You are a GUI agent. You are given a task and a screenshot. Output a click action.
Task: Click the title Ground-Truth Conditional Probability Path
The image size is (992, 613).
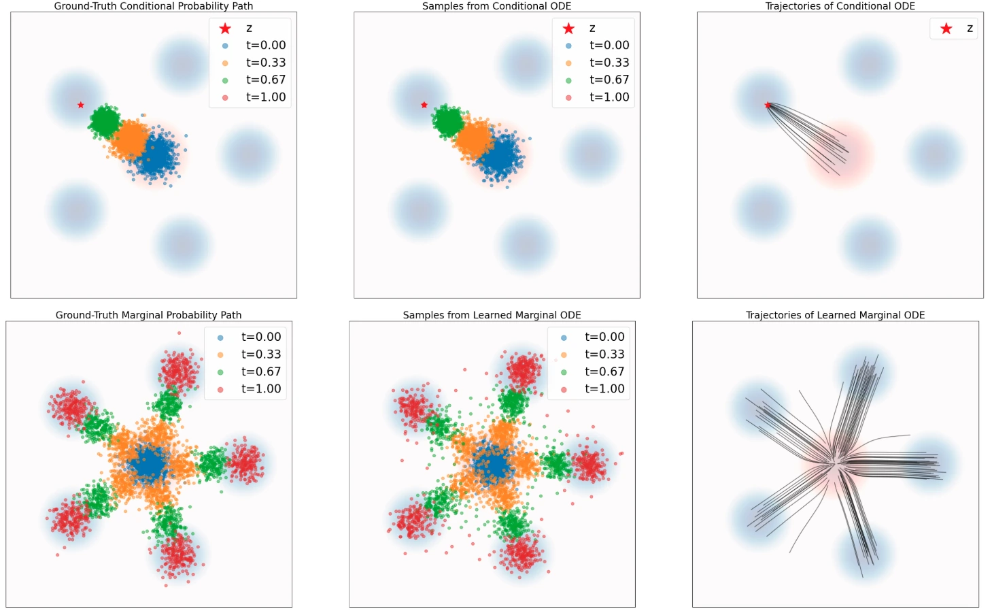(x=154, y=5)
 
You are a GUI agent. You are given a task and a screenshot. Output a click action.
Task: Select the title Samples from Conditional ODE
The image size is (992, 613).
(x=496, y=5)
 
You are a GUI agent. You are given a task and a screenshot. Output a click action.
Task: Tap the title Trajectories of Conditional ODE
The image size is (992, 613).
(x=840, y=5)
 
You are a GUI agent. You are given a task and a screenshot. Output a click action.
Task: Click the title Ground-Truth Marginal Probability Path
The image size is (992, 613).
(x=148, y=315)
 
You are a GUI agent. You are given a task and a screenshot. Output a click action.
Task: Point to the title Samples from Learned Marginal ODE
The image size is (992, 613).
(x=492, y=315)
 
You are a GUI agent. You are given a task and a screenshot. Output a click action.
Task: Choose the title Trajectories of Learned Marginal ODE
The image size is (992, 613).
(x=835, y=315)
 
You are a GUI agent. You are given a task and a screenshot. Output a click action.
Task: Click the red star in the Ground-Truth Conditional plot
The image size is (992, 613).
(x=81, y=105)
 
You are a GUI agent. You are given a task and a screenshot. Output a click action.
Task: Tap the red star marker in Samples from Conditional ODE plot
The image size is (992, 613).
(x=424, y=105)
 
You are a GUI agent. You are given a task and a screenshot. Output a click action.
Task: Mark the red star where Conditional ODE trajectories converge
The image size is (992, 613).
(x=768, y=105)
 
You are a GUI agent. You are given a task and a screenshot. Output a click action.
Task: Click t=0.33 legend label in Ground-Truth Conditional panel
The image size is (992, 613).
(x=266, y=62)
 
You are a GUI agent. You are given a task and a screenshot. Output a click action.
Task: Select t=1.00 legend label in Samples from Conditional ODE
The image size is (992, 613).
(x=609, y=97)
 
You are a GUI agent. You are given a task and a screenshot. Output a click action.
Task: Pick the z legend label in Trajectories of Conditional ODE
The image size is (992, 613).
(x=970, y=29)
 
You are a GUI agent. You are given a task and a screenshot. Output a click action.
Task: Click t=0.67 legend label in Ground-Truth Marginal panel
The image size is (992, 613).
(x=261, y=371)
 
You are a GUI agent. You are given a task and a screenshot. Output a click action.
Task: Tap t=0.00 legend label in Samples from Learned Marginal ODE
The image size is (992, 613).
(x=604, y=336)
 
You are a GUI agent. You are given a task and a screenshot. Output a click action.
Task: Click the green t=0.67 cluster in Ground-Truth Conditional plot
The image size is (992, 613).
(x=105, y=120)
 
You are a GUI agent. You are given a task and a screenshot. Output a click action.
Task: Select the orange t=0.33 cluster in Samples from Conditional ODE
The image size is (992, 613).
(x=475, y=137)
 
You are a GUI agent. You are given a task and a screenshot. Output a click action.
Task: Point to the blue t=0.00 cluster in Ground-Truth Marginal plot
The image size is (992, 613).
(x=149, y=463)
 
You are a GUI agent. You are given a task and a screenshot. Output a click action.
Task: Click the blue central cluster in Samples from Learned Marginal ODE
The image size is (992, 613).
(x=492, y=465)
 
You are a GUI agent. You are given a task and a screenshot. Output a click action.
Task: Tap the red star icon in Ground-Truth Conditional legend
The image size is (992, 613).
(x=226, y=29)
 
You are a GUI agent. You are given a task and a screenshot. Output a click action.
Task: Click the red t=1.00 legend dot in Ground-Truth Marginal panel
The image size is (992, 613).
(x=220, y=389)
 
